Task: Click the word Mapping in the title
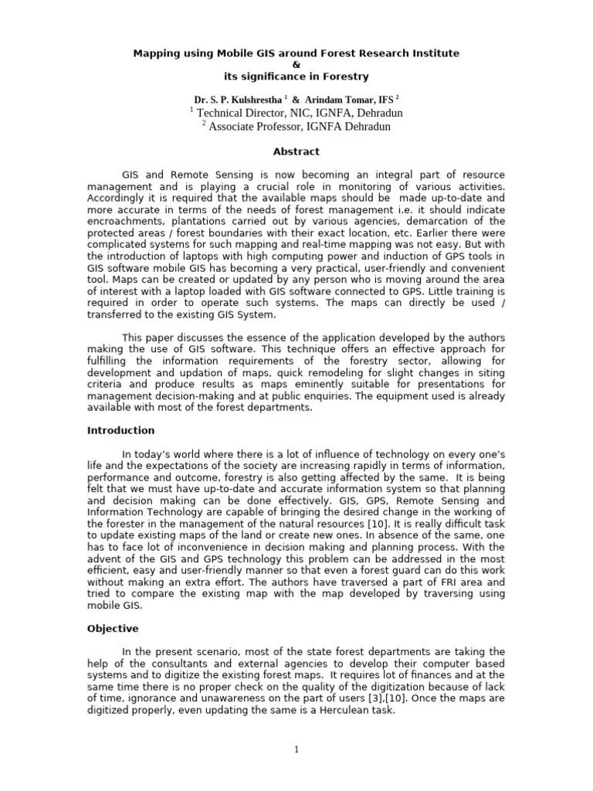coord(154,53)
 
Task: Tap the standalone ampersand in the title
coord(296,65)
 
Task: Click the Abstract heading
coord(296,152)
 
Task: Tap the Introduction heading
coord(120,430)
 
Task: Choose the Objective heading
coord(113,629)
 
